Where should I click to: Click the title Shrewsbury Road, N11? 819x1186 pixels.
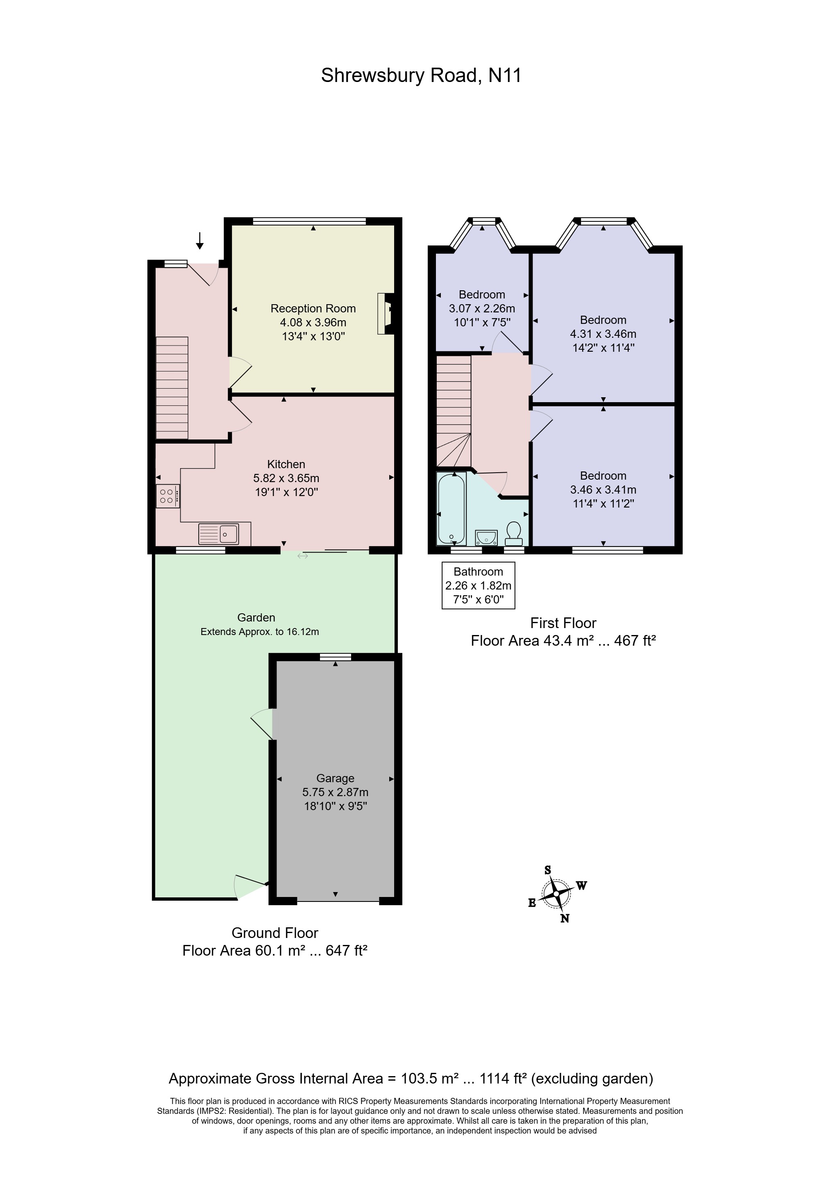421,75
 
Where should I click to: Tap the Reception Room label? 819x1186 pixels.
313,309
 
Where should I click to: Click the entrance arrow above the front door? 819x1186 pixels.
200,240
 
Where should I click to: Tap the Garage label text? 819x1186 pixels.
335,779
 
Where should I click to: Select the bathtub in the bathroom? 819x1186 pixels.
451,508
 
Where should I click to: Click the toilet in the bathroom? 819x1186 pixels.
513,534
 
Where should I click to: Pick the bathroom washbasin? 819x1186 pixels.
486,537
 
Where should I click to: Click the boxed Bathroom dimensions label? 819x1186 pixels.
478,585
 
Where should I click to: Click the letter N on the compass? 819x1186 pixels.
565,919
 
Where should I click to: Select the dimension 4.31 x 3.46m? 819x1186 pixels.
603,334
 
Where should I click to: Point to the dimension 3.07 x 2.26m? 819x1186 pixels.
482,309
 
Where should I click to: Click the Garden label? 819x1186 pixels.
256,618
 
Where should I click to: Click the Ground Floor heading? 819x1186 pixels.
275,933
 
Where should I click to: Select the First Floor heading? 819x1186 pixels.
563,623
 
